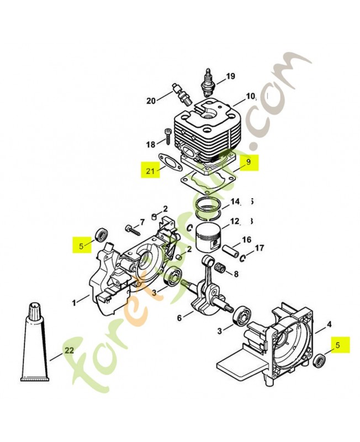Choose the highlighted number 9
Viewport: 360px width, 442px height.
coord(248,162)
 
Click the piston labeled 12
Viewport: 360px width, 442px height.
coord(208,243)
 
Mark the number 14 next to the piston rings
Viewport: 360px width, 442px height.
coord(235,201)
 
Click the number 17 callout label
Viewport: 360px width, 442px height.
coord(259,248)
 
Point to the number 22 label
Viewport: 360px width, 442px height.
coord(68,350)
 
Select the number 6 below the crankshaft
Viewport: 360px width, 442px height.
coord(179,318)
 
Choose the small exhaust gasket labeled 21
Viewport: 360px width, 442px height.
coord(169,162)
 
